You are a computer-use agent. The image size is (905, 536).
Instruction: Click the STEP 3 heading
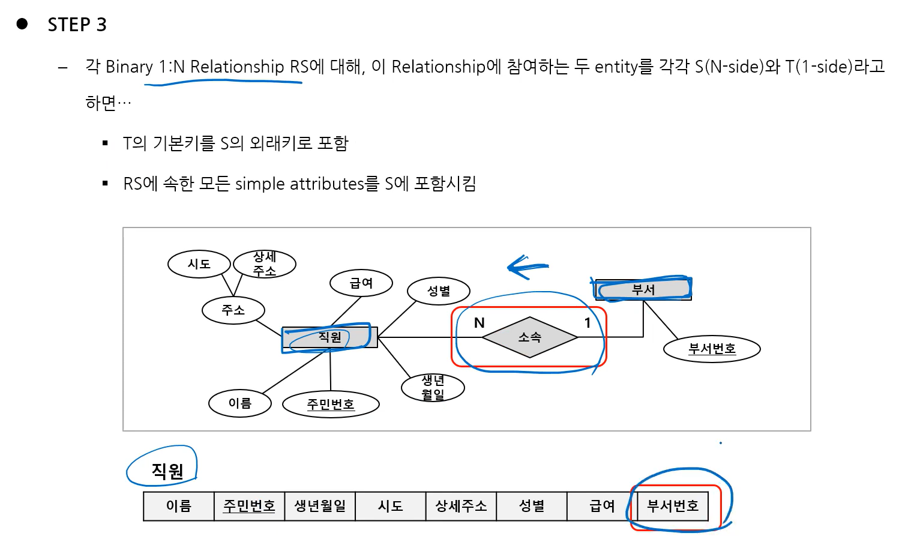[77, 25]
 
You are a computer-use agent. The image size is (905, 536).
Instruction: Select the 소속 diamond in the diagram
[530, 337]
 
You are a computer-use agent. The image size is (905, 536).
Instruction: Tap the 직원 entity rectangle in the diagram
[329, 337]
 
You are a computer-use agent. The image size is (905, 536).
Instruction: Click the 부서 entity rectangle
[643, 289]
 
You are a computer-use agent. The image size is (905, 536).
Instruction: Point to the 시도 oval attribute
[199, 264]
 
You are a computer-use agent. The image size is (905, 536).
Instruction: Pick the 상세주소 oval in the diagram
[265, 264]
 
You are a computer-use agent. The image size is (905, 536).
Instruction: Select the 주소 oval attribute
[233, 310]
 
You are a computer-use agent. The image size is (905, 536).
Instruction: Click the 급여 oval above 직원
[361, 283]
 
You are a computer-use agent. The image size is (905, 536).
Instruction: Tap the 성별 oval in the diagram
[439, 291]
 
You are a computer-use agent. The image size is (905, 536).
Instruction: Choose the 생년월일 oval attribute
[433, 388]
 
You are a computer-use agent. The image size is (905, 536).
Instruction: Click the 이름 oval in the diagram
[240, 403]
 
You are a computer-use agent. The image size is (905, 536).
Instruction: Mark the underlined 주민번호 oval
[331, 405]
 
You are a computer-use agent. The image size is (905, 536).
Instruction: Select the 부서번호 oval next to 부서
[712, 349]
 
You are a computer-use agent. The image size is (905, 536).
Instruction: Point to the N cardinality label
[479, 323]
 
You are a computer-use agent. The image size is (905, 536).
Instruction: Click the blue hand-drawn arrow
[526, 266]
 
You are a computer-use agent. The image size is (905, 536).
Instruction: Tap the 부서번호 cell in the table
[673, 506]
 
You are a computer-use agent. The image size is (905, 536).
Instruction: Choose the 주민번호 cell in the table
[249, 506]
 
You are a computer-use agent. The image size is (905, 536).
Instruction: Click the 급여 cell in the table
[602, 506]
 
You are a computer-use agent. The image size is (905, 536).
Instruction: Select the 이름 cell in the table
[179, 506]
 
